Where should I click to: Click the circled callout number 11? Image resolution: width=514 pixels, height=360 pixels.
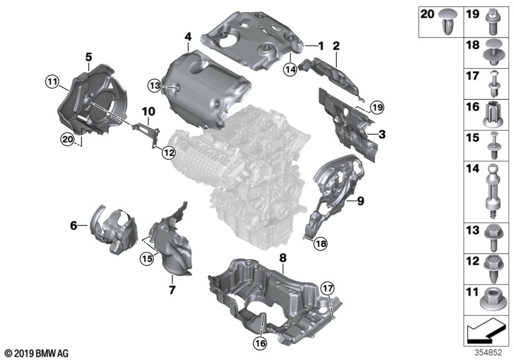pos(52,81)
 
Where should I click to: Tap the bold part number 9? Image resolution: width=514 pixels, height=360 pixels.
pos(360,201)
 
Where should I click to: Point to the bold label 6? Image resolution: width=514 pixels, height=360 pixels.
pos(73,225)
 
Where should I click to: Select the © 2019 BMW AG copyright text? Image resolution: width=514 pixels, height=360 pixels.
pos(36,354)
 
